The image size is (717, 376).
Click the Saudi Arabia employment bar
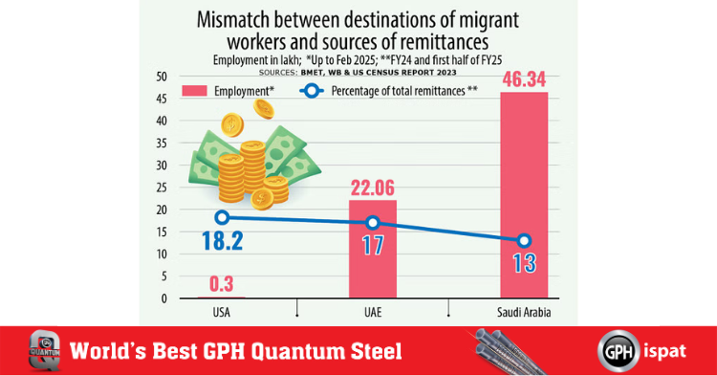[523, 191]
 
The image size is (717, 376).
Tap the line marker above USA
[222, 218]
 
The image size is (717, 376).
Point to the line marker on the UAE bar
[372, 223]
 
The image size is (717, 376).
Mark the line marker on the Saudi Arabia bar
[523, 241]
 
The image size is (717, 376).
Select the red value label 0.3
[221, 282]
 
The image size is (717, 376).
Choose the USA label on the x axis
[221, 312]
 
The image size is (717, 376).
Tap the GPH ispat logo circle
[618, 350]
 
